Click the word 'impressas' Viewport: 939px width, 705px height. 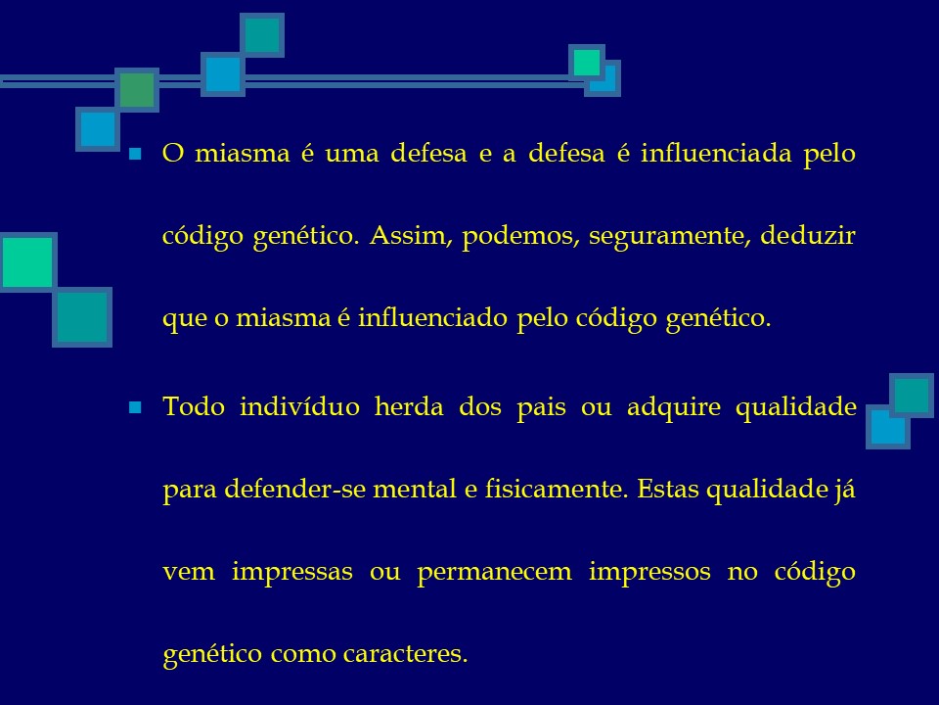click(292, 571)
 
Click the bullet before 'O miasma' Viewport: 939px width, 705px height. click(136, 155)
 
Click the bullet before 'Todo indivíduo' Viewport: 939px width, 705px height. click(136, 406)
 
